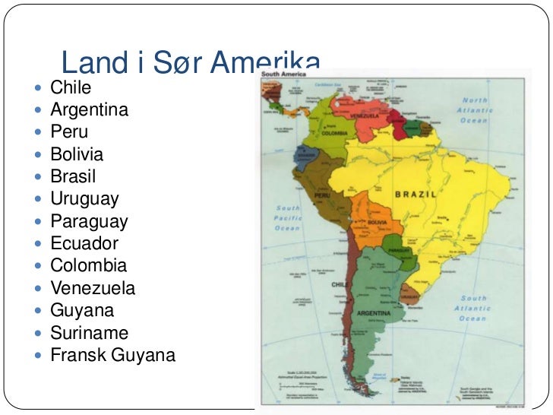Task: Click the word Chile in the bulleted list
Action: point(71,88)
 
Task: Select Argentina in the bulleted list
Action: point(89,110)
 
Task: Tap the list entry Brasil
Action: point(73,177)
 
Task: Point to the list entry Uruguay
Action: point(84,199)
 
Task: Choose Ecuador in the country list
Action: point(84,244)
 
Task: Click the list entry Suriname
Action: point(89,333)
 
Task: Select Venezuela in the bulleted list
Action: point(93,289)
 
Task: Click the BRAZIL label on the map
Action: point(415,195)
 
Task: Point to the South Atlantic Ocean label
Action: point(472,308)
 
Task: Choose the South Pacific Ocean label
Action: point(288,217)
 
